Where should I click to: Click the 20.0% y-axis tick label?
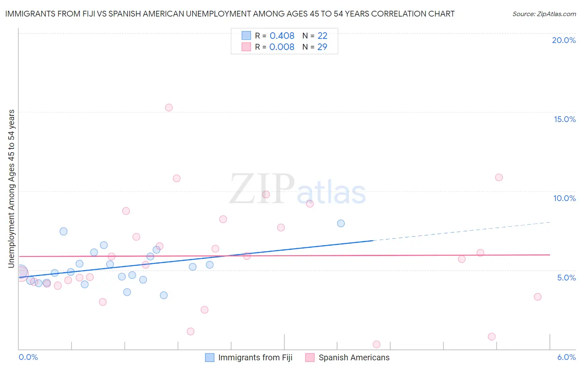[x=564, y=40]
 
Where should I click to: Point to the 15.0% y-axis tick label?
[x=564, y=119]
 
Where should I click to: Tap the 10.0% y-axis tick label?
[x=564, y=198]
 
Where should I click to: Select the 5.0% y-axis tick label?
[x=566, y=278]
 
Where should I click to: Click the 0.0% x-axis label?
[x=28, y=357]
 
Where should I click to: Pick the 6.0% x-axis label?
[x=566, y=357]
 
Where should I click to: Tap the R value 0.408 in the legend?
[x=282, y=36]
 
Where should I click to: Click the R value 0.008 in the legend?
[x=282, y=47]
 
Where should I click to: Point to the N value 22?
[x=322, y=36]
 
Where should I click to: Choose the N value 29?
[x=322, y=47]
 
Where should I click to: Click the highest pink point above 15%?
[x=169, y=108]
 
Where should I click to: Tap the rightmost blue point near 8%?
[x=341, y=223]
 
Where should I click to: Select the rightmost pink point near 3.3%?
[x=538, y=297]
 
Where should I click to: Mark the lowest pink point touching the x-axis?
[x=376, y=344]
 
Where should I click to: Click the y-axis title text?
[x=11, y=189]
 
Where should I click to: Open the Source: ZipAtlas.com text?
[x=544, y=14]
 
